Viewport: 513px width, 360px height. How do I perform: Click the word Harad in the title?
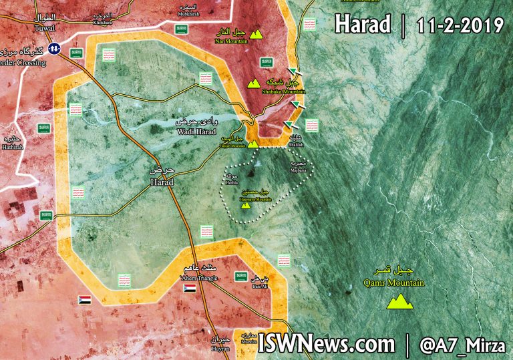362,25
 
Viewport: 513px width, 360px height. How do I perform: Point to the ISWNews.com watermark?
326,343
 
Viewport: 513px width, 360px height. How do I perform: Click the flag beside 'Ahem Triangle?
190,289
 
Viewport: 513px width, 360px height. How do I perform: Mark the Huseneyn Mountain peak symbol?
246,205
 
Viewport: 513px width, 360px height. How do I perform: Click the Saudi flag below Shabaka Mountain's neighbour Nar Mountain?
267,62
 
